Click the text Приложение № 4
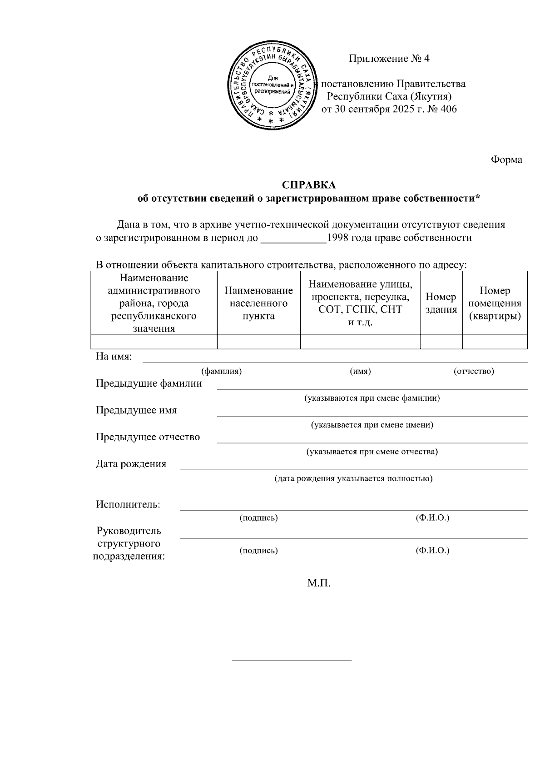(389, 59)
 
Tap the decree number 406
(448, 109)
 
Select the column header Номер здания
(441, 303)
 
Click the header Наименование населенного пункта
(258, 303)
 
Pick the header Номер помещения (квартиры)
(495, 303)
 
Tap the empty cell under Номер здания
(441, 342)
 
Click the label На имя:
(114, 356)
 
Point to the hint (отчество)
(474, 371)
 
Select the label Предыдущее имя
(136, 410)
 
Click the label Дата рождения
(131, 464)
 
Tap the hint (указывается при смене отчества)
(372, 452)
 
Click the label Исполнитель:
(128, 504)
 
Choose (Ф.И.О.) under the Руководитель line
(432, 551)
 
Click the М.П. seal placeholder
(318, 583)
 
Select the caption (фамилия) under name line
(221, 371)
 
